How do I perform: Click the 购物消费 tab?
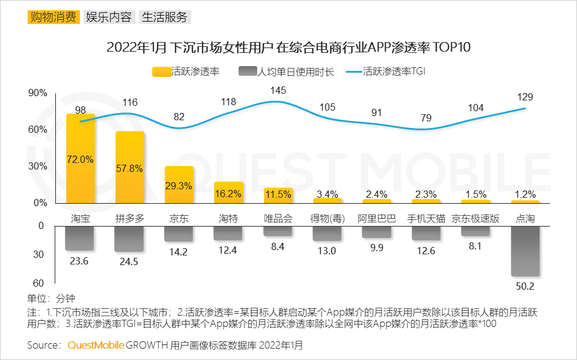pos(53,17)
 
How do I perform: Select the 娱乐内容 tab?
pos(109,17)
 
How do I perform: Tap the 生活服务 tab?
pos(165,17)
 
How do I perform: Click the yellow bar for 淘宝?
pos(81,159)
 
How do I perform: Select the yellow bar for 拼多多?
pos(130,167)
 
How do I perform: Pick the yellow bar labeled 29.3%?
pos(179,185)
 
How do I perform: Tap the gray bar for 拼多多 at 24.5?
pos(130,239)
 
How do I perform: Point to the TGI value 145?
pos(278,90)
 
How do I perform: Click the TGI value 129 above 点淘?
pos(525,97)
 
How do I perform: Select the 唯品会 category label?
pos(278,219)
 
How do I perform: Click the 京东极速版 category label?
pos(475,219)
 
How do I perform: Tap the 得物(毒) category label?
pos(327,219)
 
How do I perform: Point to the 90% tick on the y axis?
pos(38,93)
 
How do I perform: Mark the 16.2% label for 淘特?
pos(228,194)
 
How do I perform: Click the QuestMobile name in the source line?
pos(96,346)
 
